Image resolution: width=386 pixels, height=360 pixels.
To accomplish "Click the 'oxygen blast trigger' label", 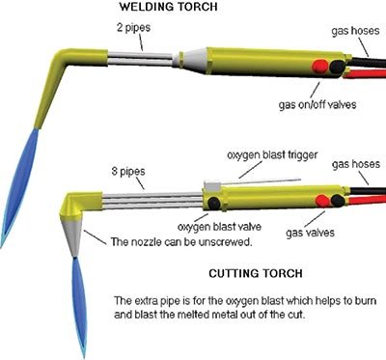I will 267,154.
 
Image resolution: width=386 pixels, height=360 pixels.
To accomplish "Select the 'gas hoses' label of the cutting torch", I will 348,167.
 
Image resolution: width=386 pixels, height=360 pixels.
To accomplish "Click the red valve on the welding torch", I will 317,68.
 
